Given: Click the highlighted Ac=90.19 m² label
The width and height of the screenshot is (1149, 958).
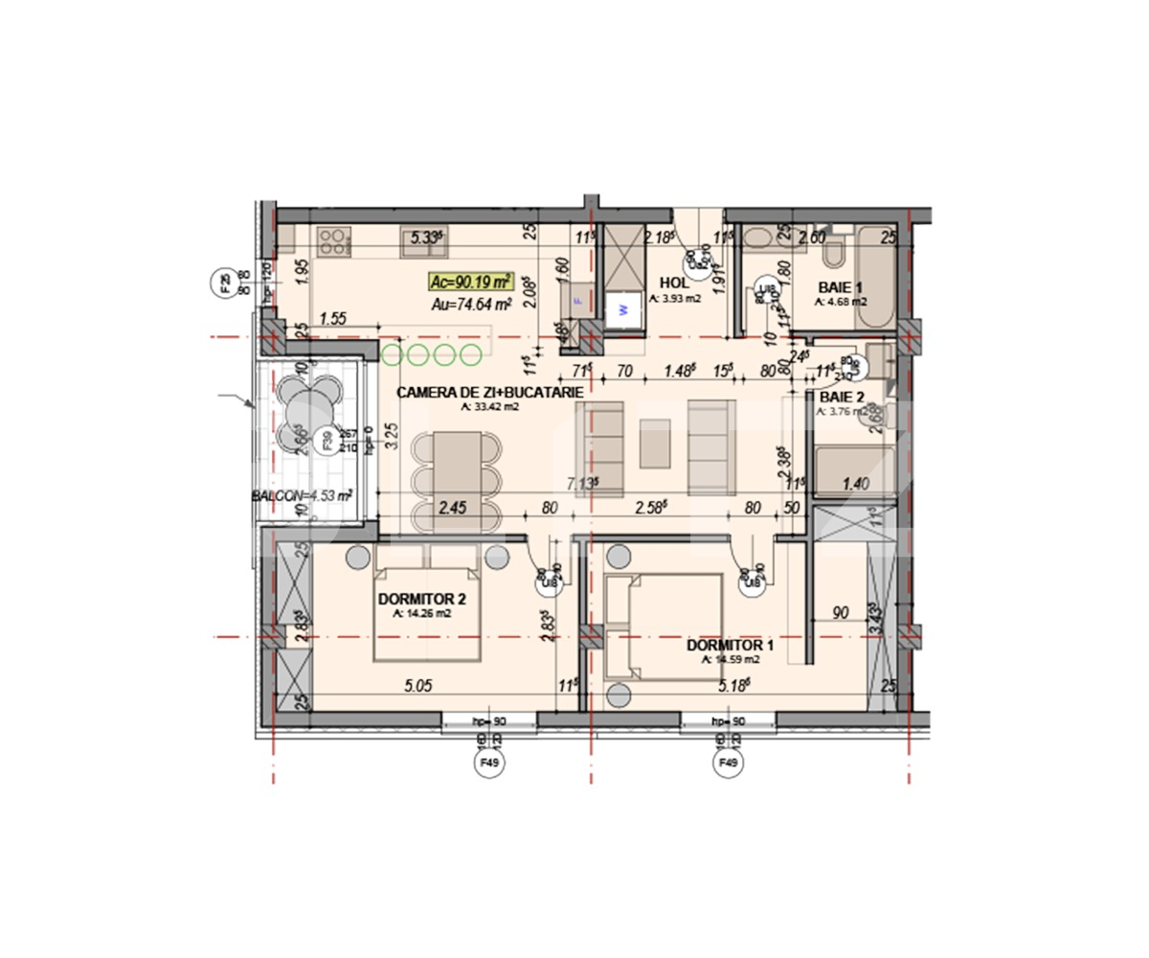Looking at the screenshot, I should [470, 282].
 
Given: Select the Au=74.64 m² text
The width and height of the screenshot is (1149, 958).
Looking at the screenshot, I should [470, 304].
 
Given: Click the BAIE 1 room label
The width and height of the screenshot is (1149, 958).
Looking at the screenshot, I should [840, 286].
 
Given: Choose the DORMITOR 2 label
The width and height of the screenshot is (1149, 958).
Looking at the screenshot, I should [421, 600].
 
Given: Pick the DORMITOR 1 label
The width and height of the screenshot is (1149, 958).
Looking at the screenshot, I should [730, 645].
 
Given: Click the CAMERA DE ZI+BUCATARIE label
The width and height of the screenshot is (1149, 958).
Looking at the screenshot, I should [489, 393].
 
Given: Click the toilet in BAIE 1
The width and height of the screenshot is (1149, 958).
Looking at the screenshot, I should [832, 252].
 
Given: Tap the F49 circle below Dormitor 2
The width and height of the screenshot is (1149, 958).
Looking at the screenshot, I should [490, 764].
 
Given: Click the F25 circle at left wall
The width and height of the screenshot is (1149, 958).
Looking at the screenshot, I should [226, 284].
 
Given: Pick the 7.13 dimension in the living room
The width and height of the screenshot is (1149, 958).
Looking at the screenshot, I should [582, 483].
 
